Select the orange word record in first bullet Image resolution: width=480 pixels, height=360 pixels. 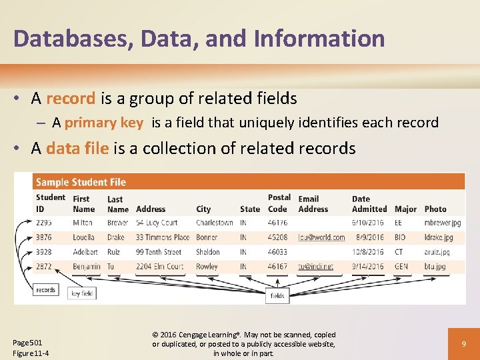71,99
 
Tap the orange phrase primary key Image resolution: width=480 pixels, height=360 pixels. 103,123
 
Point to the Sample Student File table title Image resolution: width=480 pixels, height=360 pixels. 81,182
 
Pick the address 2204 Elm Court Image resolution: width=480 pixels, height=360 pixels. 161,267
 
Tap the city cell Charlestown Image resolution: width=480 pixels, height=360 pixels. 215,223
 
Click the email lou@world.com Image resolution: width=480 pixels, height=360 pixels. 321,237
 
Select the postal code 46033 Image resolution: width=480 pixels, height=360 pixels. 277,252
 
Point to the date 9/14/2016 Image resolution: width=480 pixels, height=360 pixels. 368,267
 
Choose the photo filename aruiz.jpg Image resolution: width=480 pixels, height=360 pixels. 437,252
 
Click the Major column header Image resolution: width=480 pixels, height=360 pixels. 405,209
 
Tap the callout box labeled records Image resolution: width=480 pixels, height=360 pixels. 45,290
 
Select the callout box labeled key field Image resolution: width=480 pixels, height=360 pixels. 83,293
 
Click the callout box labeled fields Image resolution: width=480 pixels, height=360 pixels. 277,295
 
